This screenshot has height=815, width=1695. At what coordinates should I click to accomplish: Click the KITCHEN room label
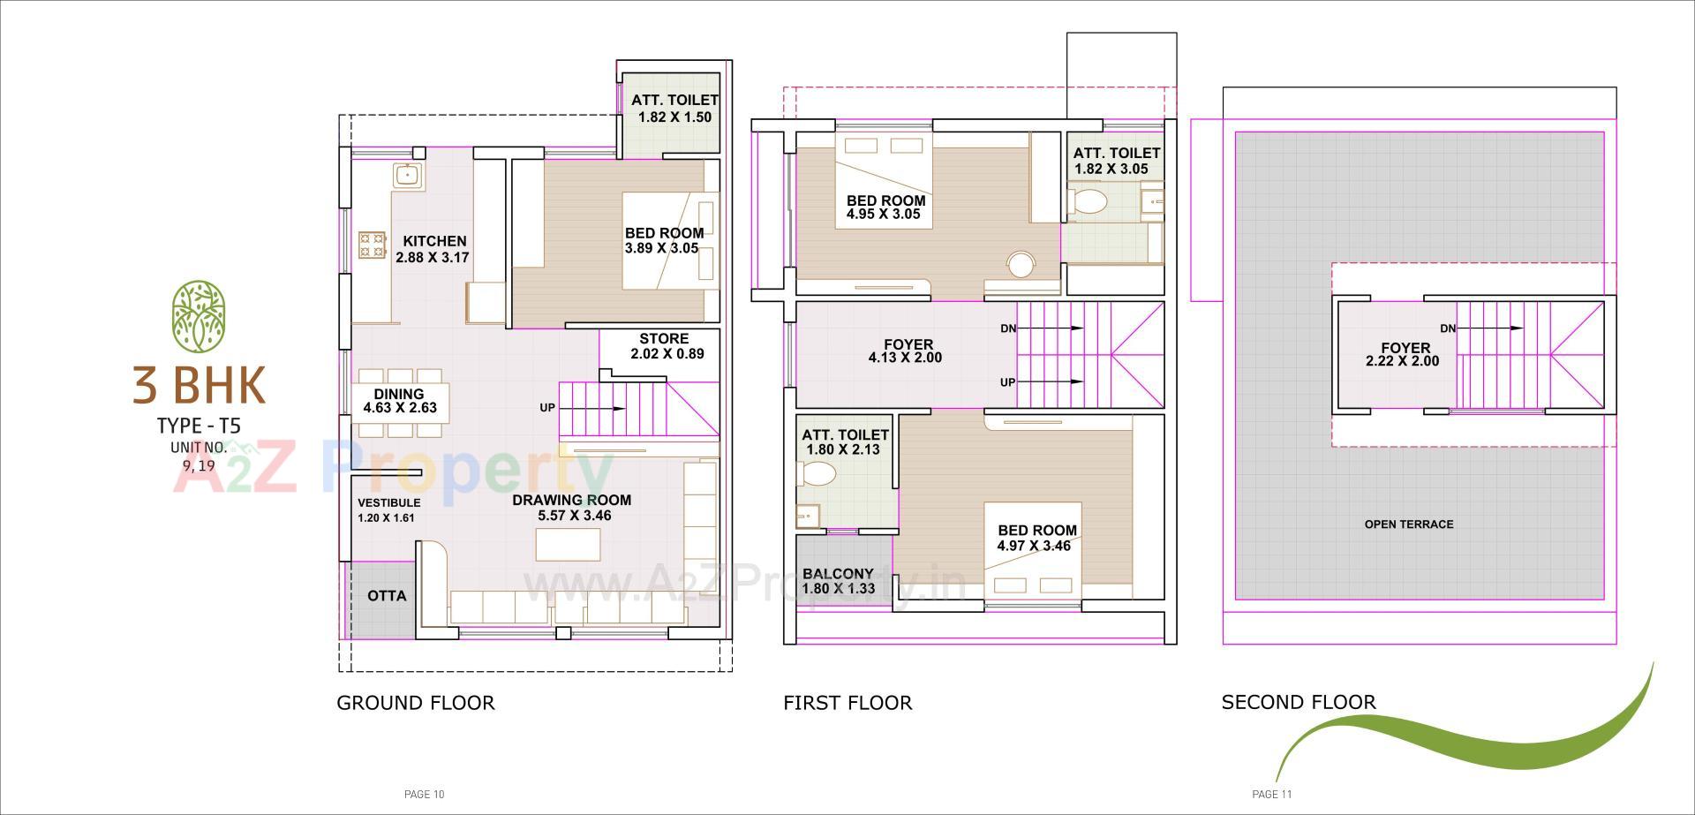[434, 241]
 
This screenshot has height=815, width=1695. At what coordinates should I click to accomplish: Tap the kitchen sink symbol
[406, 174]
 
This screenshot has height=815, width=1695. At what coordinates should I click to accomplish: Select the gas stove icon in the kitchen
[372, 245]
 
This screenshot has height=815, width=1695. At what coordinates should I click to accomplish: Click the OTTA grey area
[386, 596]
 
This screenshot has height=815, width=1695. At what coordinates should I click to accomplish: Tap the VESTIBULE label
[388, 503]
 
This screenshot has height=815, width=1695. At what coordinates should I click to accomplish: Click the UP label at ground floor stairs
[547, 408]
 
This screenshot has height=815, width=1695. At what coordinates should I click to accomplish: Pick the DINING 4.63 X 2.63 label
[399, 401]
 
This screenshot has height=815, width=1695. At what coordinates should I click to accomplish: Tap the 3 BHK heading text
[199, 385]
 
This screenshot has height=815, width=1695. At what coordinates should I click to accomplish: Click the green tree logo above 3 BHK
[199, 315]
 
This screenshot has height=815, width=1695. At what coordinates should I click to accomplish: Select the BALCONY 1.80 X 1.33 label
[838, 581]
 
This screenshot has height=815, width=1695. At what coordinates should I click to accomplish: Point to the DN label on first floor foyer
[1007, 328]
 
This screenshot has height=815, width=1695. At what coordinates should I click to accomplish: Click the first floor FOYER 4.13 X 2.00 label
[907, 351]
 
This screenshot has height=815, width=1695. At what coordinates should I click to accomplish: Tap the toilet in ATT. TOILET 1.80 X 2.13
[817, 475]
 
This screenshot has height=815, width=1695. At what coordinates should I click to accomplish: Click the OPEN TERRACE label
[1408, 524]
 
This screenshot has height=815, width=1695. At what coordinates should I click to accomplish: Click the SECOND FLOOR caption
[1298, 703]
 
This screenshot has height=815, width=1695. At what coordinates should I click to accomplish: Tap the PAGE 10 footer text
[424, 795]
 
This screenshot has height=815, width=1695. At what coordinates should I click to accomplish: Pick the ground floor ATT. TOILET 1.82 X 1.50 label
[674, 109]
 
